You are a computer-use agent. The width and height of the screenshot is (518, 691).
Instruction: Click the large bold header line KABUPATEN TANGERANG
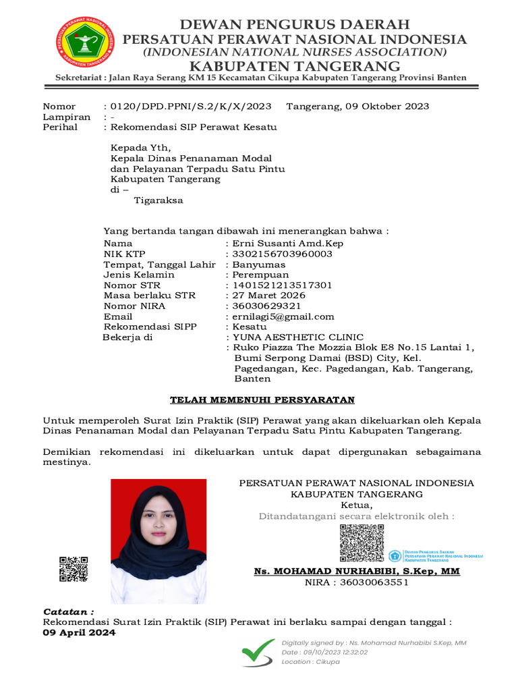pyautogui.click(x=294, y=65)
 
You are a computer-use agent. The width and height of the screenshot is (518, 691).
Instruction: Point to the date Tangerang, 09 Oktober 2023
pyautogui.click(x=357, y=106)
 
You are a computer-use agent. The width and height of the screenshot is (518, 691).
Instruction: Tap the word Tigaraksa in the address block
pyautogui.click(x=159, y=200)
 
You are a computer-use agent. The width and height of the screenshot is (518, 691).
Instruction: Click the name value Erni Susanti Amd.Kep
pyautogui.click(x=288, y=243)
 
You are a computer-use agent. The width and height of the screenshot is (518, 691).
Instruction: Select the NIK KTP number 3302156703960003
pyautogui.click(x=282, y=254)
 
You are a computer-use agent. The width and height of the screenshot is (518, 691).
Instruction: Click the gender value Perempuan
pyautogui.click(x=260, y=275)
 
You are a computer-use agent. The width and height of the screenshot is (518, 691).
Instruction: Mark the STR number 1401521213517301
pyautogui.click(x=282, y=285)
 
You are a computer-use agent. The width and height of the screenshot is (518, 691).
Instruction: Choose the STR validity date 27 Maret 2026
pyautogui.click(x=268, y=296)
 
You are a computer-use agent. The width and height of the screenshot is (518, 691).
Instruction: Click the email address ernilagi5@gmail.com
pyautogui.click(x=283, y=316)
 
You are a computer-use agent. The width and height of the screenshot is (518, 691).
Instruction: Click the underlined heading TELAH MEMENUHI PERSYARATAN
pyautogui.click(x=262, y=400)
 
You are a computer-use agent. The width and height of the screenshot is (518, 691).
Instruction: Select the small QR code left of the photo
pyautogui.click(x=74, y=569)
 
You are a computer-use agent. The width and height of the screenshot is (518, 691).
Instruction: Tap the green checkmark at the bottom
pyautogui.click(x=258, y=652)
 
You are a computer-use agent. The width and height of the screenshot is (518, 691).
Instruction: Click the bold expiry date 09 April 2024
pyautogui.click(x=79, y=633)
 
